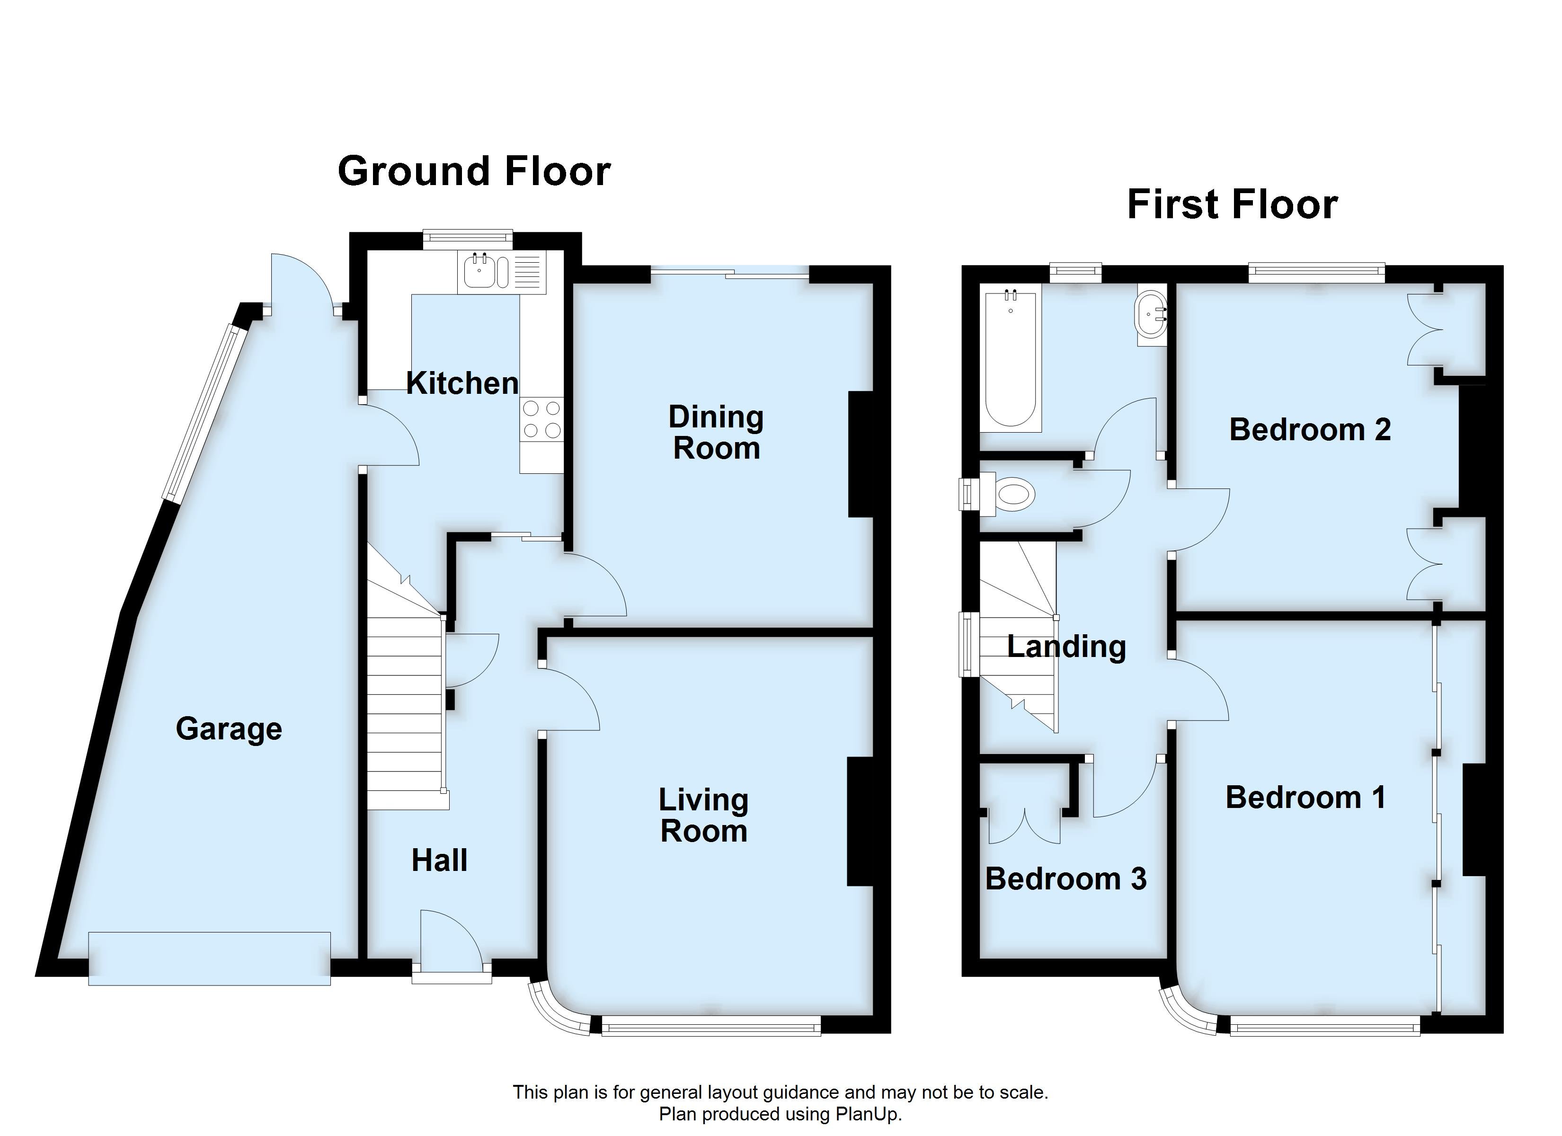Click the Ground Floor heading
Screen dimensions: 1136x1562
(x=474, y=171)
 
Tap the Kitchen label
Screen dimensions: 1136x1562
(x=462, y=383)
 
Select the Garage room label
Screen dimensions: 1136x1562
(x=229, y=729)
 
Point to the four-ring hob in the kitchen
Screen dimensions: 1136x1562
(x=541, y=419)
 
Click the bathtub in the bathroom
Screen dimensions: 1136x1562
(x=1011, y=360)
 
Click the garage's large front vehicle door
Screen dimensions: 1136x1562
(x=209, y=958)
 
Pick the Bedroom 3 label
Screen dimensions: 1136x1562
(x=1065, y=879)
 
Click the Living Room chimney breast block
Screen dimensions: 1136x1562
(x=860, y=821)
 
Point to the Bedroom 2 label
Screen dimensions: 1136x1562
(x=1309, y=430)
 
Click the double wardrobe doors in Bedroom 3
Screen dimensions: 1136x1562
(x=1024, y=827)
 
